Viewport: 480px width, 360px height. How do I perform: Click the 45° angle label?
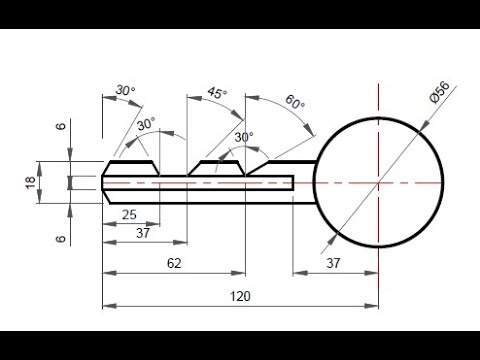215,92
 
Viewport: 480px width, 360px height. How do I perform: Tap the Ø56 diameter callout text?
440,99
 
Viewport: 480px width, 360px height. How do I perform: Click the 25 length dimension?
129,215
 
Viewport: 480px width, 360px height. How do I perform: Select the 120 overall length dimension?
240,296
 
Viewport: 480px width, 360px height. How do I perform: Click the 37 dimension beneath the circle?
335,262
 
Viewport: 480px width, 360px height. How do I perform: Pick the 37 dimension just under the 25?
144,233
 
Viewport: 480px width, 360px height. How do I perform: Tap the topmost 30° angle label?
125,91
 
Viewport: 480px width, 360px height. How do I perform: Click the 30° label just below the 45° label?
242,137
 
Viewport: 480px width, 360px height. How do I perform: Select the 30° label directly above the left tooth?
146,124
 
